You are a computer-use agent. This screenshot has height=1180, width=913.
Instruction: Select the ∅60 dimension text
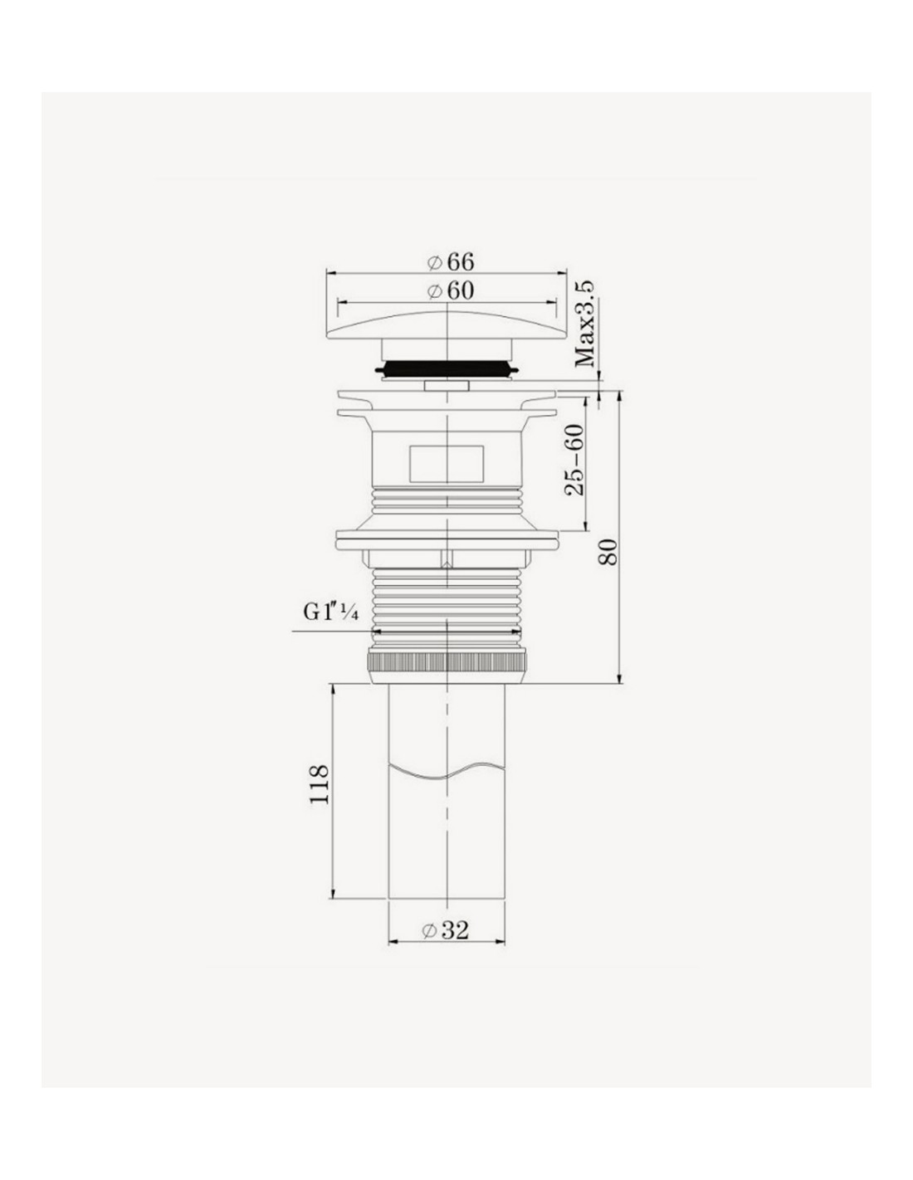(450, 290)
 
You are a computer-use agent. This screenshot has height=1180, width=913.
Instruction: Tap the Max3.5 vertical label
(585, 324)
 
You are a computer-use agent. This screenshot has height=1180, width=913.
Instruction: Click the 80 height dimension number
(608, 553)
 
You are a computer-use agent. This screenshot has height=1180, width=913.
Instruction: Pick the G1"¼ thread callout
(331, 612)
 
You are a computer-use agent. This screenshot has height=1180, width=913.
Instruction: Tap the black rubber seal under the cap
(446, 368)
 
